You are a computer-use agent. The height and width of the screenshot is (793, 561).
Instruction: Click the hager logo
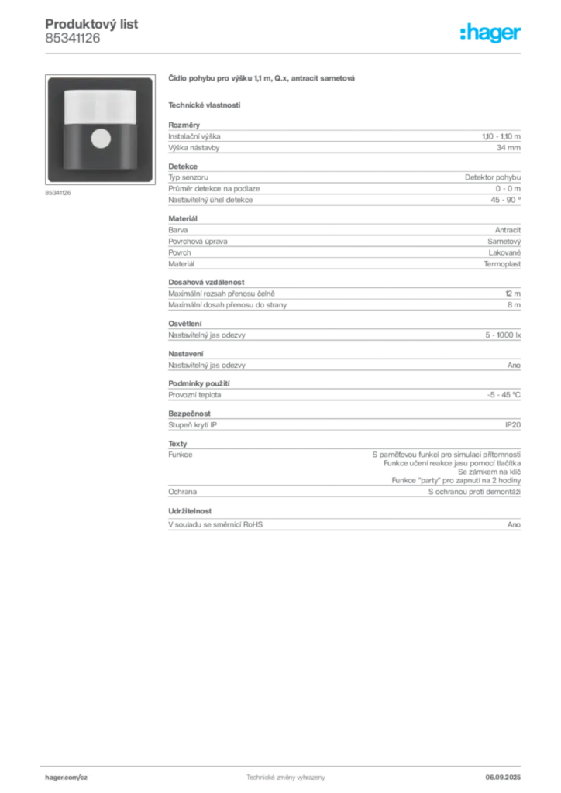coord(490,33)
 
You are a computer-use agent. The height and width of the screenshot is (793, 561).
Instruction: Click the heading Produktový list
coord(91,24)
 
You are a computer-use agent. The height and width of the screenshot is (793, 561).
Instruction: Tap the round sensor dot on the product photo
coord(101,139)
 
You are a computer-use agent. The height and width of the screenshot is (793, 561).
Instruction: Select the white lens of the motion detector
coord(100,107)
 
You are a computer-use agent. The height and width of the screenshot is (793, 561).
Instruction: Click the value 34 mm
coord(508,148)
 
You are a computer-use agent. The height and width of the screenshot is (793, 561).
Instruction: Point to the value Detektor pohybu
coord(493,177)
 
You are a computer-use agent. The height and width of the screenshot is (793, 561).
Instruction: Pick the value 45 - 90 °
coord(505,200)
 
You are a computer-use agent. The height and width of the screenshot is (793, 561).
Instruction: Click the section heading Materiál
coord(183,218)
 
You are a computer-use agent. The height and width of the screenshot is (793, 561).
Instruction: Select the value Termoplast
coord(502,264)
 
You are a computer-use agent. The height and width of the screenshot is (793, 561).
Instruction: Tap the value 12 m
coord(512,294)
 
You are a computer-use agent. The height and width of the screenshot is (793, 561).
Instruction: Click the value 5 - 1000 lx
coord(503,335)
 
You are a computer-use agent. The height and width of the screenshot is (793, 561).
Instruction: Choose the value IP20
coord(512,425)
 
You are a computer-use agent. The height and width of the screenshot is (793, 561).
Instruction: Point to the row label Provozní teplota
coord(194,395)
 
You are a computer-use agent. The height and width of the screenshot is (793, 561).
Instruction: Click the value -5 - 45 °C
coord(504,395)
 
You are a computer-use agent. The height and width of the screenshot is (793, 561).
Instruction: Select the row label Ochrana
coord(183,492)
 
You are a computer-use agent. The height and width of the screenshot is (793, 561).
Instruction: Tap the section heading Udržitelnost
coord(190,511)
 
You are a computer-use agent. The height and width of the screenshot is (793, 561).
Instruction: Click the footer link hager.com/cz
coord(67,778)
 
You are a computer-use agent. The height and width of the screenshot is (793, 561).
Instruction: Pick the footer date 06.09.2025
coord(503,778)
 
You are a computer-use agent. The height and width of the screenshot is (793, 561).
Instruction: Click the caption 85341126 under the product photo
coord(57,193)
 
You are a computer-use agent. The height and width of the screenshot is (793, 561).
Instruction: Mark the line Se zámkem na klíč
coord(489,472)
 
